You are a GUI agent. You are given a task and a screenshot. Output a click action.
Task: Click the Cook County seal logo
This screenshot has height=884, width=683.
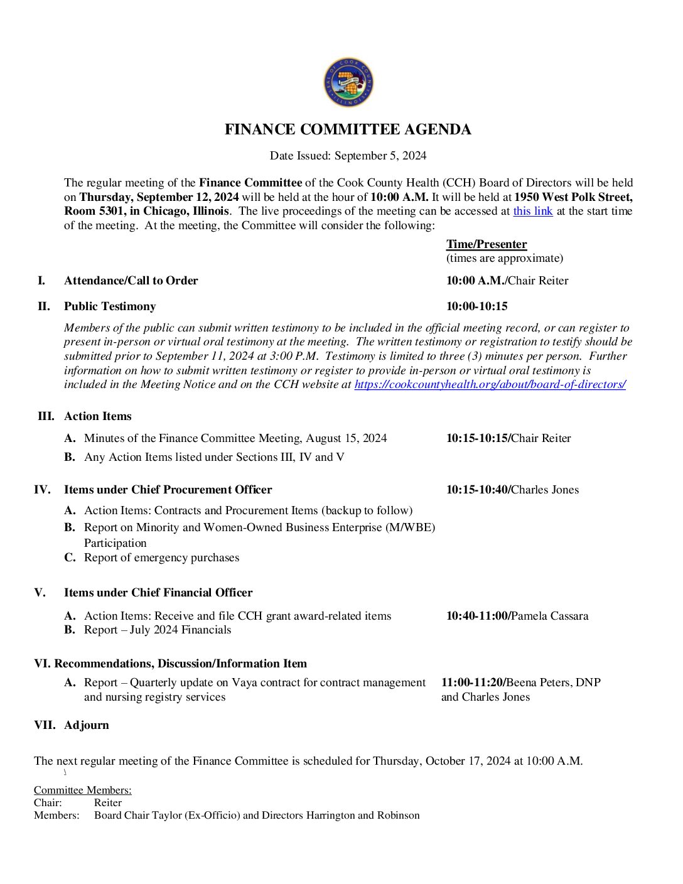pyautogui.click(x=348, y=82)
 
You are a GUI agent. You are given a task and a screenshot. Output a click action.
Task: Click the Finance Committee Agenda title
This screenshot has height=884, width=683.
pyautogui.click(x=348, y=129)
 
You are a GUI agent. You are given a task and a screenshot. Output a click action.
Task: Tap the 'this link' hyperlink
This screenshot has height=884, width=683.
pyautogui.click(x=532, y=211)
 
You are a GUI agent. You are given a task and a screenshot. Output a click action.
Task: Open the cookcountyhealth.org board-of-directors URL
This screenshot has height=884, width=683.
pyautogui.click(x=490, y=384)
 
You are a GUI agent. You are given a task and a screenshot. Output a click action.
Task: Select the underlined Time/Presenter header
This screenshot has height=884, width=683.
pyautogui.click(x=487, y=244)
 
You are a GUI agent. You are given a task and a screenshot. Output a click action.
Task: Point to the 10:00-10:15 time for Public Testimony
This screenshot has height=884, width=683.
pyautogui.click(x=476, y=306)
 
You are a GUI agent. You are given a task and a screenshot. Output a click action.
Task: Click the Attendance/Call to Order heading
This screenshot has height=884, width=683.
pyautogui.click(x=131, y=281)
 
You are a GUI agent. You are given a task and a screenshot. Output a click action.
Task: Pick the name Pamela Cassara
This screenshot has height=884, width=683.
pyautogui.click(x=550, y=616)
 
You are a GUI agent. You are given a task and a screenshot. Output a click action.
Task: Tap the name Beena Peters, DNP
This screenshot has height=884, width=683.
pyautogui.click(x=554, y=682)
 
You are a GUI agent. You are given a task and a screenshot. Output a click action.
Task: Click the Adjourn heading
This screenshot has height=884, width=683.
pyautogui.click(x=87, y=725)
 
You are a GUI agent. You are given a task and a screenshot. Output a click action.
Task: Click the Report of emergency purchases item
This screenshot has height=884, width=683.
pyautogui.click(x=161, y=558)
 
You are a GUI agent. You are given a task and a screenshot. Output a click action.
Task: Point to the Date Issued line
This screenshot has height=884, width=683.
pyautogui.click(x=348, y=156)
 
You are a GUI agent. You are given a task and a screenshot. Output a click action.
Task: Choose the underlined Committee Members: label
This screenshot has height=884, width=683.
pyautogui.click(x=83, y=790)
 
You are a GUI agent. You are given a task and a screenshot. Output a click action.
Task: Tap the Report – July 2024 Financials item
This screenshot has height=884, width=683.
pyautogui.click(x=158, y=630)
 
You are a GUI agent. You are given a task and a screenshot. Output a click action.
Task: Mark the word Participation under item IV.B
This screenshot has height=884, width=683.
pyautogui.click(x=116, y=543)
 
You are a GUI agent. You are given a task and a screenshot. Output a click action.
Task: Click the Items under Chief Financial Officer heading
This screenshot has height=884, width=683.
pyautogui.click(x=158, y=593)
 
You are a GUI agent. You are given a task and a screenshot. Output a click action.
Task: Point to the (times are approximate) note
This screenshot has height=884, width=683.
pyautogui.click(x=504, y=258)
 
